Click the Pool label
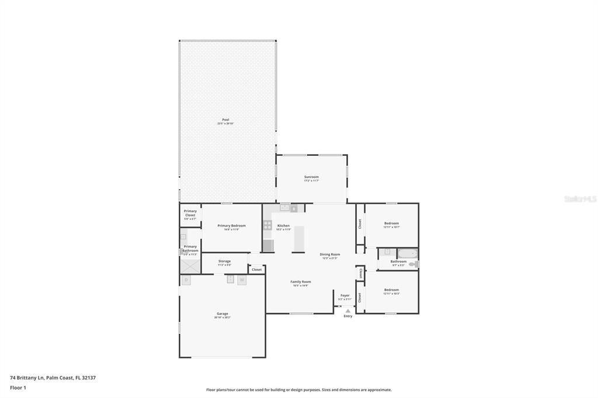tap(225, 120)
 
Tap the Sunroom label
tap(311, 177)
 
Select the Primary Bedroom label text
tap(231, 226)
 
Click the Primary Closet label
tap(190, 213)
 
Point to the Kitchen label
tap(283, 226)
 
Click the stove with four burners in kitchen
tap(267, 225)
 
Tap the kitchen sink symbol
tap(284, 207)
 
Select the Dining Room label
tap(329, 254)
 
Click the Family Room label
tap(301, 282)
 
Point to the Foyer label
tap(345, 296)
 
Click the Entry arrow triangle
tap(348, 311)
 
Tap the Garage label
tap(222, 314)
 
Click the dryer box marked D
tap(186, 280)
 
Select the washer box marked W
tap(242, 280)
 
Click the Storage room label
tap(224, 261)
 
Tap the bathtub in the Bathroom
tap(407, 253)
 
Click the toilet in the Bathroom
tap(413, 264)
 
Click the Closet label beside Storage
tap(256, 270)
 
